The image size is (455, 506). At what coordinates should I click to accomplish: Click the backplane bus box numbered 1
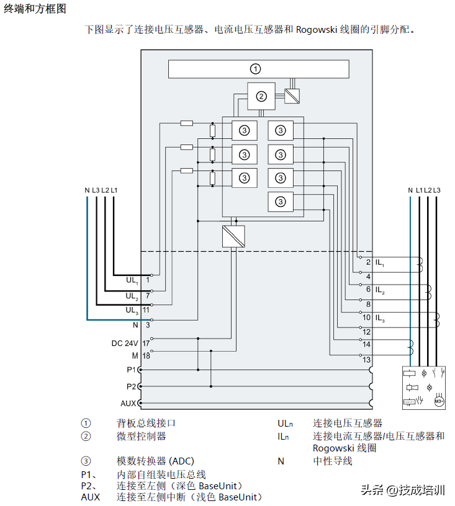tap(255, 69)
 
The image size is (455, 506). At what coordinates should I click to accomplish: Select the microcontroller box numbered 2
tap(261, 96)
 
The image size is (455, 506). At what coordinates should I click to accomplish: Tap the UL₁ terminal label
tap(132, 280)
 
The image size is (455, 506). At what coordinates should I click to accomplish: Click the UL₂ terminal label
tap(132, 296)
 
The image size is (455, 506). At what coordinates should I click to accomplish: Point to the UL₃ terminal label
tap(132, 310)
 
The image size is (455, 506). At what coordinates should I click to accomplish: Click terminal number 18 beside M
tap(146, 356)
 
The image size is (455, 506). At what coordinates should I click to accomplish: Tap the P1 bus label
tap(131, 370)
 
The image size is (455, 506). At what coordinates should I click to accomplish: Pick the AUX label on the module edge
tap(128, 403)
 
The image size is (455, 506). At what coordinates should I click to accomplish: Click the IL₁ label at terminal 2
tap(379, 263)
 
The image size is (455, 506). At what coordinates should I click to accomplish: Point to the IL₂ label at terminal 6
tap(379, 290)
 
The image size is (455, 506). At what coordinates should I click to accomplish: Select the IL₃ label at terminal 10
tap(379, 318)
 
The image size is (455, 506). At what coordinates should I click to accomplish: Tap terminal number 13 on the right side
tap(366, 360)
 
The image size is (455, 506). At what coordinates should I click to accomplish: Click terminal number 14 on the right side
tap(366, 344)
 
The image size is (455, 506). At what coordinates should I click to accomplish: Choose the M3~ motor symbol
tap(439, 401)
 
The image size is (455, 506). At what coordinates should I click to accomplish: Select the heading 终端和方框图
tap(35, 9)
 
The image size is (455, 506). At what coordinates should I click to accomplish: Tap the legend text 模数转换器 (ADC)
tap(155, 461)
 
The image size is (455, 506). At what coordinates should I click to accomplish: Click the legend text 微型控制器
tap(142, 437)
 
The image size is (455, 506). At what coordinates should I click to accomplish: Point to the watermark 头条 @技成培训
tap(403, 490)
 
